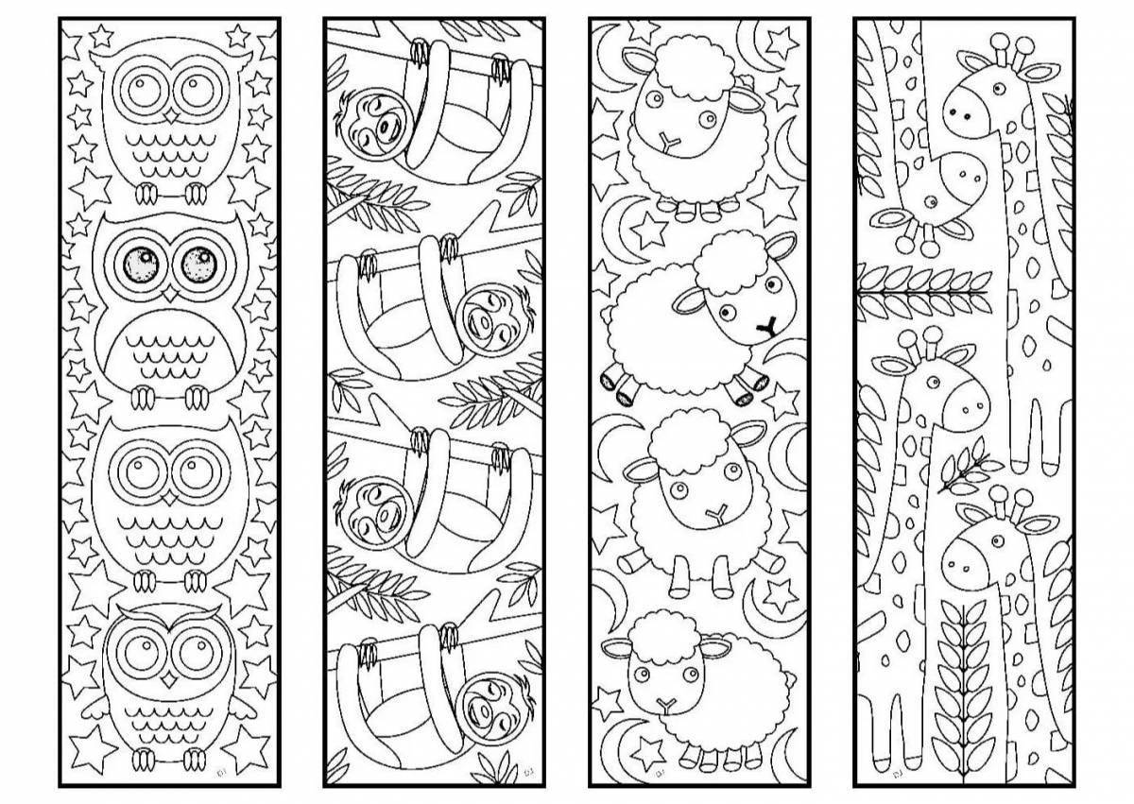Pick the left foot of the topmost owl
pos(146,194)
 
